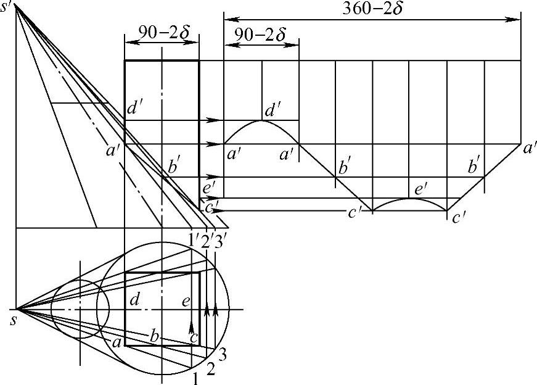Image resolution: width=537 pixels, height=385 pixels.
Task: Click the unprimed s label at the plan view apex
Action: [14, 321]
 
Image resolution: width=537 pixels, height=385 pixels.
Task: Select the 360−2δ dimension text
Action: [372, 9]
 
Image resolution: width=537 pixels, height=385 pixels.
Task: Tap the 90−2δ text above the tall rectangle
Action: [164, 33]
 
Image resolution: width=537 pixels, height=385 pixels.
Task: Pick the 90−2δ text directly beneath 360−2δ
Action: [261, 35]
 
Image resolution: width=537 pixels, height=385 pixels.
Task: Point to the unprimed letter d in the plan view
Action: [134, 300]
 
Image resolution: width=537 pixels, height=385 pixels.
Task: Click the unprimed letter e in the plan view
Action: [186, 302]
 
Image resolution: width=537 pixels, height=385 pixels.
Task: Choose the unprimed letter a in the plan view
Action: [117, 342]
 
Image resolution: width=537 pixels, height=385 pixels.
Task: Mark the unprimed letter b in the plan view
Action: [155, 336]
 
